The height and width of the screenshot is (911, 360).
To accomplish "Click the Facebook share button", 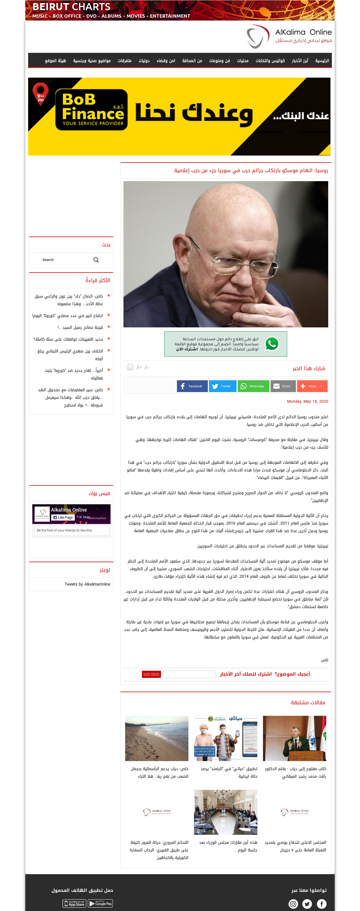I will tap(192, 386).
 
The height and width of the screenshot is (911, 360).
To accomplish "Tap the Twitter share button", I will tap(222, 386).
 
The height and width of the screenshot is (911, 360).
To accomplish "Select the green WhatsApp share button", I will tap(253, 386).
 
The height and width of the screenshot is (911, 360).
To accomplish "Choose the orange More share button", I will tap(312, 386).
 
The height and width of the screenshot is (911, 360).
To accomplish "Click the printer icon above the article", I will tap(130, 367).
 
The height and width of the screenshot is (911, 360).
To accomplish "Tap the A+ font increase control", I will tap(139, 367).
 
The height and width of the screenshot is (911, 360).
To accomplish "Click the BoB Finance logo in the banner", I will tap(91, 110).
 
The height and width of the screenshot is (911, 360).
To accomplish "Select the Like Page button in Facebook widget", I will tap(63, 518).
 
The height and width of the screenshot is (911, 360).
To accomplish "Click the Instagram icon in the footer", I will tap(293, 904).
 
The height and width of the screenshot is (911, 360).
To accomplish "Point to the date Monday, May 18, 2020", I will tap(307, 401).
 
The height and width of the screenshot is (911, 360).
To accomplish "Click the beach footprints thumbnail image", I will tap(157, 738).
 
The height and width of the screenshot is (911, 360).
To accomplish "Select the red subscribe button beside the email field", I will tap(151, 674).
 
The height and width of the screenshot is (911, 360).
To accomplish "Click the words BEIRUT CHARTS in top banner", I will tap(71, 7).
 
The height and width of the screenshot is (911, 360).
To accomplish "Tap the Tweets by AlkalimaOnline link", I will tap(87, 584).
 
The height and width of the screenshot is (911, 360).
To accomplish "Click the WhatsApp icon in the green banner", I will tap(272, 344).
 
